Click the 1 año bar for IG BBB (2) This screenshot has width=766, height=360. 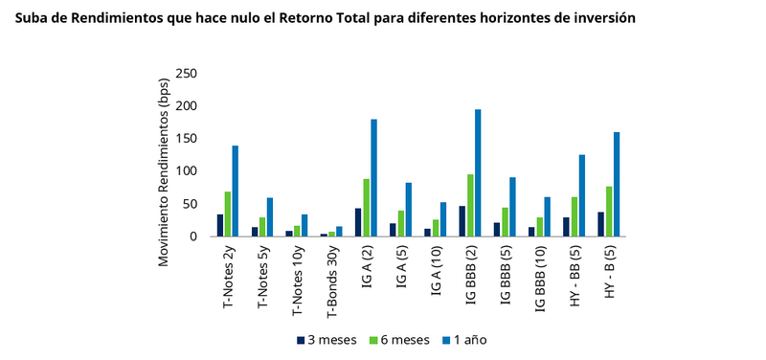coord(478,173)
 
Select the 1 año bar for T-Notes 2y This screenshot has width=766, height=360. coord(235,191)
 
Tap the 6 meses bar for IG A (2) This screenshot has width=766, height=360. coord(367,208)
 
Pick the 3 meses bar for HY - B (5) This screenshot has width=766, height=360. coord(600,224)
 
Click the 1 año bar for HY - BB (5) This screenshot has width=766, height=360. coord(582,195)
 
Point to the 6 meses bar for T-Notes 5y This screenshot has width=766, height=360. coord(262,227)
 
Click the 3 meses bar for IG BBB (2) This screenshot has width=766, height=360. coord(462,221)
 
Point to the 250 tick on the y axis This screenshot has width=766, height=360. coord(188,74)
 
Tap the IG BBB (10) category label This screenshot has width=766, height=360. coord(540,276)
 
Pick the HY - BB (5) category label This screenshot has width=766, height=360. coord(574,274)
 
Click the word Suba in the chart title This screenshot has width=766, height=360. coord(32,18)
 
